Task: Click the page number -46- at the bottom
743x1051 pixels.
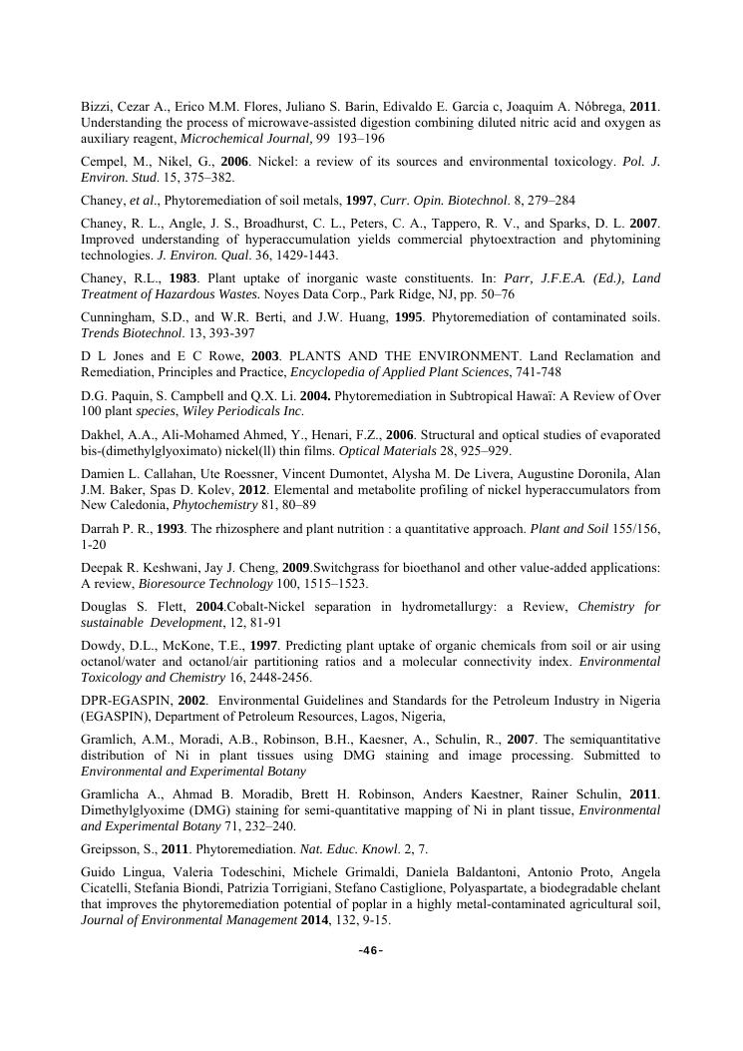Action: (x=371, y=950)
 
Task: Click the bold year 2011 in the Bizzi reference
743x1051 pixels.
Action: (x=644, y=106)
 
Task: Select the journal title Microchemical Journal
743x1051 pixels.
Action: (x=247, y=138)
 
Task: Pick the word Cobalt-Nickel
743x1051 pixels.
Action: (x=266, y=608)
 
